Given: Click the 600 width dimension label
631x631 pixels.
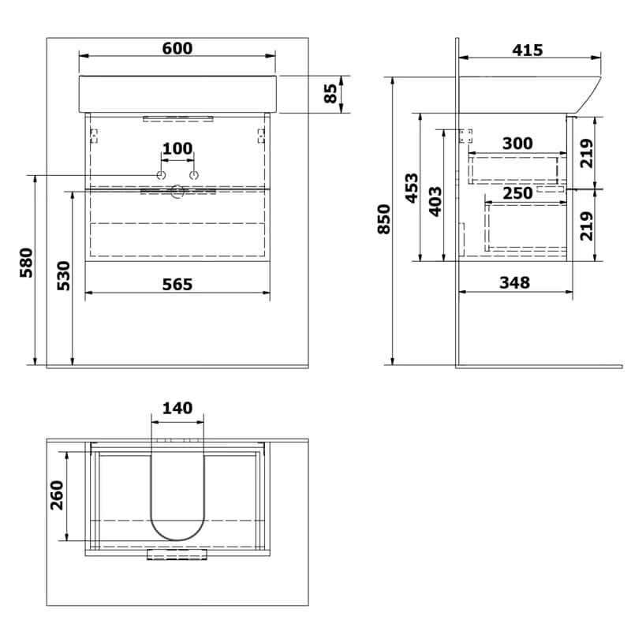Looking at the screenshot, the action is pos(177,48).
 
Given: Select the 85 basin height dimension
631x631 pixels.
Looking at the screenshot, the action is pos(330,93).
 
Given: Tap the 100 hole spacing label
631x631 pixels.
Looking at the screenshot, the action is pos(177,148).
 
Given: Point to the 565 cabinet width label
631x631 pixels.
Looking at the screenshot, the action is pos(177,284).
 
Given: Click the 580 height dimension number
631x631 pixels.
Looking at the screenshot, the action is pos(26,263).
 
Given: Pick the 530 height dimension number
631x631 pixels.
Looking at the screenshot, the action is pos(64,275).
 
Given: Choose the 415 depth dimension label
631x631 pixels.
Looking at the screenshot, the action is pos(528,50).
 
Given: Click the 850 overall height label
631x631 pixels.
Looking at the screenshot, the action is pos(384,219).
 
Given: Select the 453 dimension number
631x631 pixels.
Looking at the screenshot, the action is pos(412,188).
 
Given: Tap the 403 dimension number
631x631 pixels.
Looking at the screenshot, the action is pos(435,202).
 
